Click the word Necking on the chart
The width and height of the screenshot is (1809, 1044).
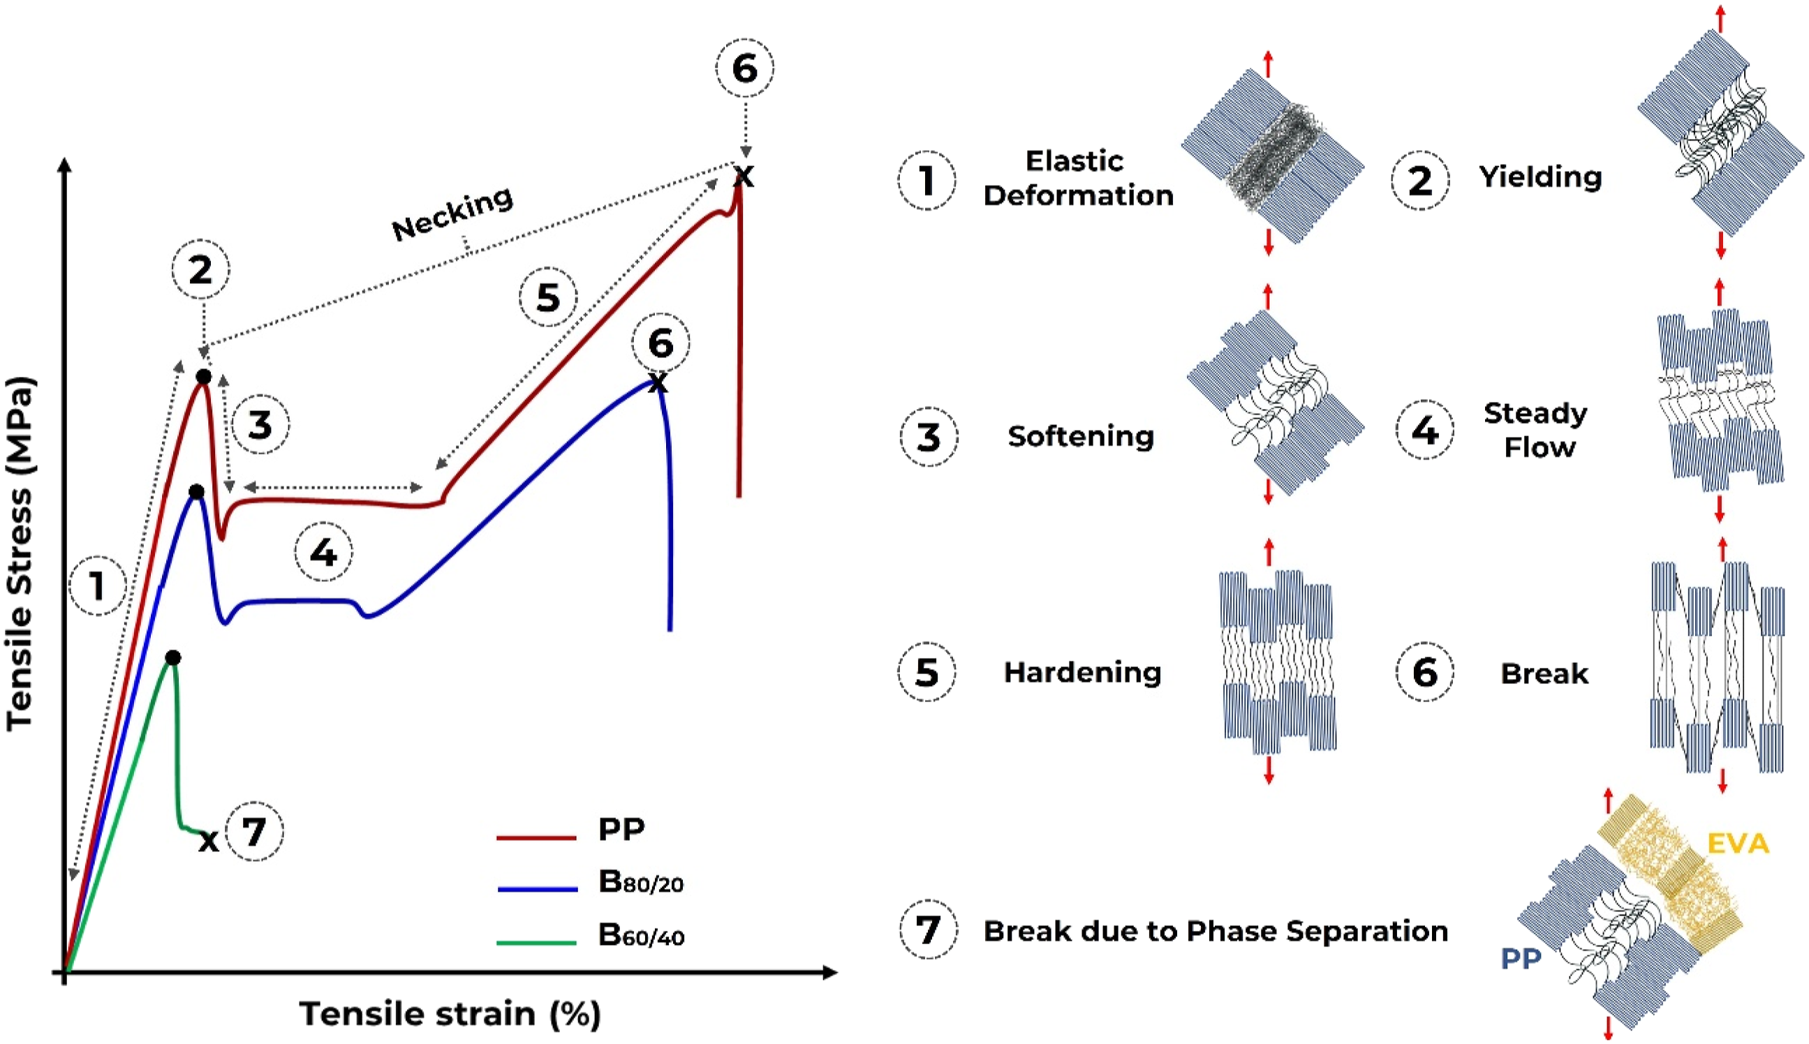(452, 213)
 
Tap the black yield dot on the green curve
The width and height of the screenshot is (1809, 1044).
(172, 657)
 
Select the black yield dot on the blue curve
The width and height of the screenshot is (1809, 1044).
(195, 492)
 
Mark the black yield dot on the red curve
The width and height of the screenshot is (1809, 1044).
(204, 376)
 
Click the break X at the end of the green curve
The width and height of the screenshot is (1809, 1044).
(209, 841)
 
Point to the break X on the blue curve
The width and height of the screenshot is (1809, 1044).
(658, 383)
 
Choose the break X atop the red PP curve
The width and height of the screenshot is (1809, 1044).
(744, 177)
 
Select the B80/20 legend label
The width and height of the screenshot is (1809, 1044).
(640, 883)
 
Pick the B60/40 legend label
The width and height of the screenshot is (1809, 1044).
(641, 936)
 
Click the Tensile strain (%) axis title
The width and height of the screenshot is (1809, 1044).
(450, 1014)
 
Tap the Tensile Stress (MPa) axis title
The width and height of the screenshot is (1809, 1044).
(20, 553)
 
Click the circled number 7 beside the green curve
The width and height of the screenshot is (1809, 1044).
(255, 832)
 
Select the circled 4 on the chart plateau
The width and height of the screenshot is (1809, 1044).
(323, 552)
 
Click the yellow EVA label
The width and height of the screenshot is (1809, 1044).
(1738, 844)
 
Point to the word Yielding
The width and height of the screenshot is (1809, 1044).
(1540, 177)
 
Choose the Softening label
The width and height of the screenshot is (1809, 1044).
(1080, 436)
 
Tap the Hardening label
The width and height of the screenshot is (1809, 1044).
(1082, 673)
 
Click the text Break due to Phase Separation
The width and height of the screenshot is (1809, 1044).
(1216, 931)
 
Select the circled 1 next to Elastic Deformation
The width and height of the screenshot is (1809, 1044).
(926, 180)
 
